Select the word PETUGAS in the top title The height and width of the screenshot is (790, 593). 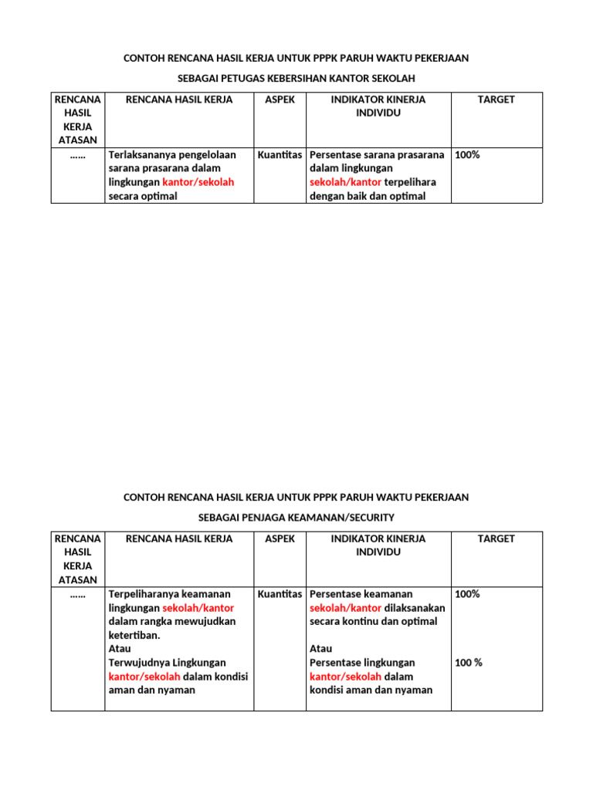233,79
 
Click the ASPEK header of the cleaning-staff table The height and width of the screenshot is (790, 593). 280,100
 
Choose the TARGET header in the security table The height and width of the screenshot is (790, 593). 496,538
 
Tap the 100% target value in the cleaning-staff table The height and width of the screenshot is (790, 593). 468,154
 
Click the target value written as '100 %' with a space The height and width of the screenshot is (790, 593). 469,663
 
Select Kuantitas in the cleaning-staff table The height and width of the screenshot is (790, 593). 280,154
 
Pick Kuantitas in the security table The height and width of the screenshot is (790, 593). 280,594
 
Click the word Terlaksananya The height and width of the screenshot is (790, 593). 144,154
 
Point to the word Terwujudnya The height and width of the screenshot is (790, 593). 140,663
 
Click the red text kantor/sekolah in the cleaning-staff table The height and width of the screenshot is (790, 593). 198,182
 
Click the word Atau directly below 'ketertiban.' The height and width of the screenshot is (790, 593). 120,649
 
